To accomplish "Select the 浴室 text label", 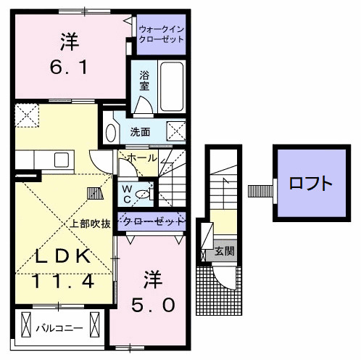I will click(143, 79).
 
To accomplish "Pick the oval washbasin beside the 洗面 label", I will click(111, 132).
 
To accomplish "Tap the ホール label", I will click(141, 157).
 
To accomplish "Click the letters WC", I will click(126, 193).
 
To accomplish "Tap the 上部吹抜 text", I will click(91, 224).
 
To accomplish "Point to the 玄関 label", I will click(224, 251).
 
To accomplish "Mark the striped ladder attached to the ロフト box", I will click(258, 192).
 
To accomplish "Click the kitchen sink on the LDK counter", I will click(60, 159).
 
